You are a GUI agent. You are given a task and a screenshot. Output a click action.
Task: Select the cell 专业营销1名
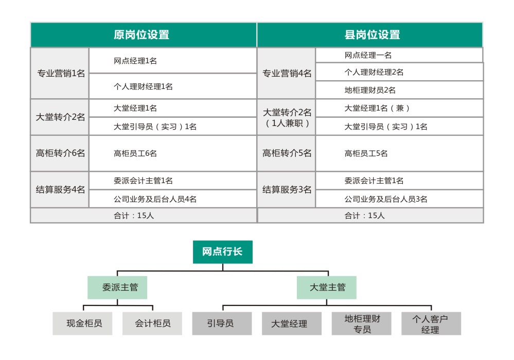[60, 74]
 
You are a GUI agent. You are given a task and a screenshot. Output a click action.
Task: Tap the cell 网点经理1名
[173, 61]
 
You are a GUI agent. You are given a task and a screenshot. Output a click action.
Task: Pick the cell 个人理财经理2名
[399, 72]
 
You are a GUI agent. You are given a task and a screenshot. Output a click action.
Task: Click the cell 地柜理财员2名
[399, 90]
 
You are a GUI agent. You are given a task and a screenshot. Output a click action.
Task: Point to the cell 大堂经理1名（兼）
[399, 108]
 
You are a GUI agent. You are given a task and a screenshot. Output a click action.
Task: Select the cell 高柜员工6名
[173, 153]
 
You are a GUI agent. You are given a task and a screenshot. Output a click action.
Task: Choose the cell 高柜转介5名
[287, 153]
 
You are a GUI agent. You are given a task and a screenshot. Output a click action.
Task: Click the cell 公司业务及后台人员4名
[173, 199]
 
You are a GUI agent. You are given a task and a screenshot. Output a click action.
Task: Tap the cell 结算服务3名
[287, 190]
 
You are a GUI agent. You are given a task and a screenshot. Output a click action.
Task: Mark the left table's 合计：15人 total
[143, 215]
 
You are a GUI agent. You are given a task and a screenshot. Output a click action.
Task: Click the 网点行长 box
[223, 252]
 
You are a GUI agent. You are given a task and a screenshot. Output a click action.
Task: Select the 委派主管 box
[117, 287]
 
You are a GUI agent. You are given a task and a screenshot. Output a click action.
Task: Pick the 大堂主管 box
[327, 287]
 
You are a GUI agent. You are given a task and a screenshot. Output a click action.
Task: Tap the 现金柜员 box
[82, 323]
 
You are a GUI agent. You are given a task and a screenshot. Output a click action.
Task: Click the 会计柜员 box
[152, 323]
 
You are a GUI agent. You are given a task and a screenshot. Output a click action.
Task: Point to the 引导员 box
[222, 323]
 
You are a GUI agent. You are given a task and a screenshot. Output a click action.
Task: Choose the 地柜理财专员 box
[361, 323]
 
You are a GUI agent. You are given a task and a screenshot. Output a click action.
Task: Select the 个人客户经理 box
[431, 323]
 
